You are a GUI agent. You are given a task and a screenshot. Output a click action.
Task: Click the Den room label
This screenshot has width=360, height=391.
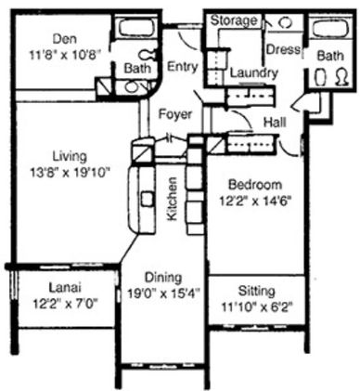[x=65, y=39]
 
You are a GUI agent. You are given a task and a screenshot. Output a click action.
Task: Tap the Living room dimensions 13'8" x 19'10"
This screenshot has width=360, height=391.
[x=70, y=172]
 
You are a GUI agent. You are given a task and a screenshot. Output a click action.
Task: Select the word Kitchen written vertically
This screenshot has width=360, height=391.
[x=172, y=199]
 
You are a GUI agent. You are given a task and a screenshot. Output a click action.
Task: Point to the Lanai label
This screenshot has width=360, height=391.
[x=65, y=288]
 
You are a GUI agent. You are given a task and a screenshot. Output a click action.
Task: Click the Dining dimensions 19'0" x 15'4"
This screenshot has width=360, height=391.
[x=163, y=293]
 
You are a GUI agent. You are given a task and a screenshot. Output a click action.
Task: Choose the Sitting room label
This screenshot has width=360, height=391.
[x=256, y=292]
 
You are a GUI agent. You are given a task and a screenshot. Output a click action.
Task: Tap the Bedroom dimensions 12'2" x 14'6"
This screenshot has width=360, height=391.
[x=255, y=202]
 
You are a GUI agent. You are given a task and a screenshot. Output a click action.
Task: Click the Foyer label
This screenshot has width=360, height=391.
[x=175, y=114]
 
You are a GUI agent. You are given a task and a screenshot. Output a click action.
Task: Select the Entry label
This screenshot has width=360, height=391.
[x=183, y=67]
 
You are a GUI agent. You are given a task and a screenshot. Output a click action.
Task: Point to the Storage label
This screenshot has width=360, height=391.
[x=234, y=20]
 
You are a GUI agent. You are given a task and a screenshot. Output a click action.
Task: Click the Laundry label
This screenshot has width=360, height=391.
[x=254, y=73]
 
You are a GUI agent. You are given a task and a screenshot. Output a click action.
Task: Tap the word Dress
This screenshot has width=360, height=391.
[x=283, y=49]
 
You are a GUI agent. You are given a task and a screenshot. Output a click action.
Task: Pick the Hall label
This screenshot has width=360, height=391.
[x=275, y=122]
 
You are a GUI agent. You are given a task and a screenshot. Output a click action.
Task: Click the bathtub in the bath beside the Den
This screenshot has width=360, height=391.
[x=136, y=28]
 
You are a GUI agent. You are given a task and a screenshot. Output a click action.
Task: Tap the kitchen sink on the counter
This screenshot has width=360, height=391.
[x=148, y=199]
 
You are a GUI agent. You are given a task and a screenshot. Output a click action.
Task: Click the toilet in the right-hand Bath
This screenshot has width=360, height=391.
[x=342, y=77]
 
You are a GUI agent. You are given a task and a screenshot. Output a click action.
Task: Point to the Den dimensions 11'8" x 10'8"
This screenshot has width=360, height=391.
[x=65, y=55]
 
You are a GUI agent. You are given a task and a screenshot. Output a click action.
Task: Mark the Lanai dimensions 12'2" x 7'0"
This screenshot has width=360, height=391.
[x=65, y=304]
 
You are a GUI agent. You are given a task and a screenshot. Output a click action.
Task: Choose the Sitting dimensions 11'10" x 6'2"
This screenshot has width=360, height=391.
[x=257, y=307]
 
